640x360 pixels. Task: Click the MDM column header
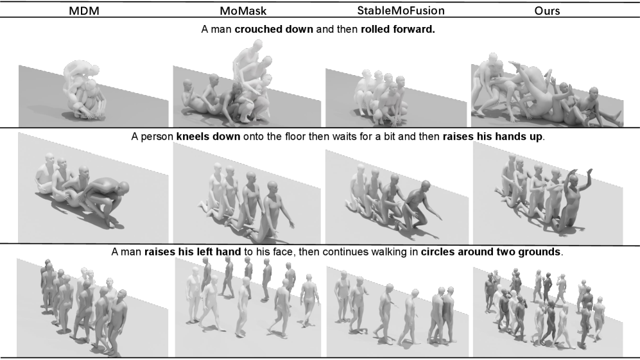coord(84,11)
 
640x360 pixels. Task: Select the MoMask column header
coord(243,11)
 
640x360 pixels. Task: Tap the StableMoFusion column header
coord(401,10)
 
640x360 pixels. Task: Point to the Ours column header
coord(547,11)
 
